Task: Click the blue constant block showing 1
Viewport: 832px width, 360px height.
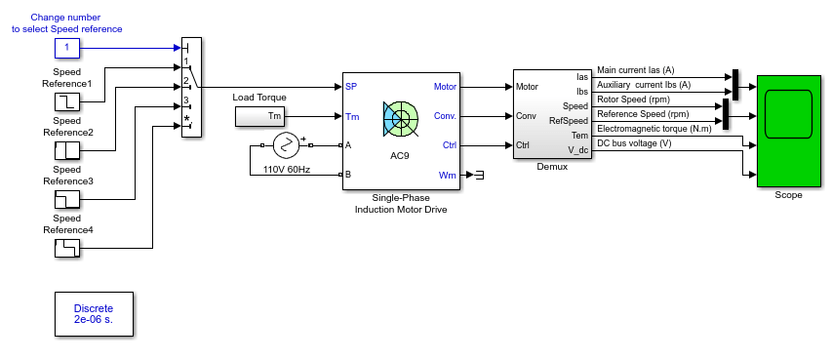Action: coord(67,48)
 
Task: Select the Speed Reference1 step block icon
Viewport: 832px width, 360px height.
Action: coord(67,100)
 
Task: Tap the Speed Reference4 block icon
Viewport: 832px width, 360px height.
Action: coord(67,248)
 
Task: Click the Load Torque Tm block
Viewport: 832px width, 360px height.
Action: coord(260,116)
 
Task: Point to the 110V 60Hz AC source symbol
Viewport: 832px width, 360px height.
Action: coord(287,145)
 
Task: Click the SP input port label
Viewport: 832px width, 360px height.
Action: coord(351,87)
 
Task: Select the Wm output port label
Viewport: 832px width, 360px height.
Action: coord(448,175)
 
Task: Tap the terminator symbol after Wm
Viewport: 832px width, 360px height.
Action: coord(479,175)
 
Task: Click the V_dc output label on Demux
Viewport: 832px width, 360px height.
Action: coord(578,150)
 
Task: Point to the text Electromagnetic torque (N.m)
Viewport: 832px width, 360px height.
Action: coord(654,128)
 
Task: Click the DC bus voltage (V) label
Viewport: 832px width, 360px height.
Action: coord(634,142)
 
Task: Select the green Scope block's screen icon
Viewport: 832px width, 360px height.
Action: coord(788,114)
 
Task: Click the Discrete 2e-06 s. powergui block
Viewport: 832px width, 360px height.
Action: coord(94,314)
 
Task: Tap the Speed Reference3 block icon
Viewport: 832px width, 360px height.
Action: coord(67,199)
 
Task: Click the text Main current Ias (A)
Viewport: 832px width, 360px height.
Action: coord(636,70)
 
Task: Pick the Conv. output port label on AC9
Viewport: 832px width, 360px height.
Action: coord(445,116)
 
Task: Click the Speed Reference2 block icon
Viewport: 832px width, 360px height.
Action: coord(67,150)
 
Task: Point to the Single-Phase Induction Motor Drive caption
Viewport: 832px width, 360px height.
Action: coord(401,204)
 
